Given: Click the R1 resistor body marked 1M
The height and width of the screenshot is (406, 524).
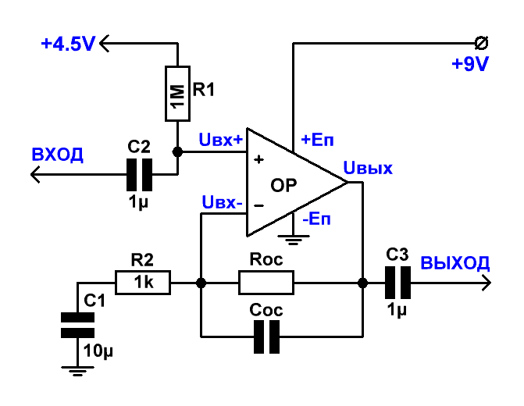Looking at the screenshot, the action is (x=177, y=94).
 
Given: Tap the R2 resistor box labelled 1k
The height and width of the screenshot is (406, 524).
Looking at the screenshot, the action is (x=143, y=283).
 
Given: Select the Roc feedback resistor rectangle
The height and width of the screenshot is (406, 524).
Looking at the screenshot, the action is (x=266, y=283).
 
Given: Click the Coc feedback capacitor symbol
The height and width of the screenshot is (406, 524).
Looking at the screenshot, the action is (x=266, y=337).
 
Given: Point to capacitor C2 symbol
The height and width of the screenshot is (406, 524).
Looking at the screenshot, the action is (x=139, y=174).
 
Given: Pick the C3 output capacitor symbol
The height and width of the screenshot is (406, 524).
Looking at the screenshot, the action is (x=397, y=283).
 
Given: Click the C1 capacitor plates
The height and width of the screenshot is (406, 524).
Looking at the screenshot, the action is (x=77, y=325).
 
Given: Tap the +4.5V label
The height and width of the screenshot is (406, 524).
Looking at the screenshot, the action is (x=68, y=44).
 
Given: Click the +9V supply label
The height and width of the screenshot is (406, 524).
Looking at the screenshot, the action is (x=470, y=63).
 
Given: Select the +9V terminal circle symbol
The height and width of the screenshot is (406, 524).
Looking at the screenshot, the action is (x=481, y=43).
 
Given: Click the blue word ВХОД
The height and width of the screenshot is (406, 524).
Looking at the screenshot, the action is (x=57, y=155).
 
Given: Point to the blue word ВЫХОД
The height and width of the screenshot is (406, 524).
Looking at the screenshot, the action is (x=454, y=262).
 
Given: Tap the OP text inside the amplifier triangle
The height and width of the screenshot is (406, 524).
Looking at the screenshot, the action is (x=283, y=186).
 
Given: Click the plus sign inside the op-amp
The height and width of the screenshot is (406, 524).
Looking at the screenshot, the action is (x=258, y=159).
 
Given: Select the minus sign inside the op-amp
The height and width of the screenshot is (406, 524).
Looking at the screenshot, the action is (x=258, y=206).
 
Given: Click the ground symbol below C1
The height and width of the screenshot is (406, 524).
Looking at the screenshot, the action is (x=77, y=371).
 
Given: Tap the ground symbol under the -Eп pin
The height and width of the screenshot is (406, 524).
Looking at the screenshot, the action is (x=294, y=240).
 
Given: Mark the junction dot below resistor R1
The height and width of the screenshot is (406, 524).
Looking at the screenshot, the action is (x=177, y=151).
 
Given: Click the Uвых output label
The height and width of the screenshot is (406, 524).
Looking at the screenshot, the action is (x=368, y=168).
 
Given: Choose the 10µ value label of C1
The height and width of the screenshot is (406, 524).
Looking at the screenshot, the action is (x=98, y=351).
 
